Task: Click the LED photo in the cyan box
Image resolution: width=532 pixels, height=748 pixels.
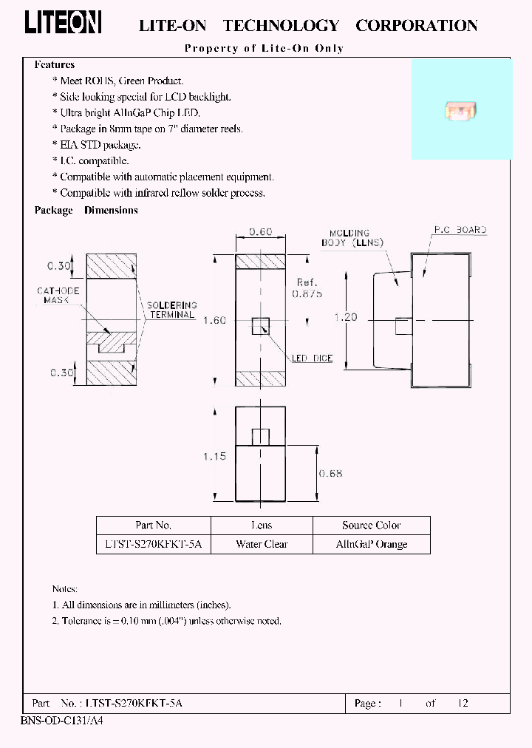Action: click(457, 111)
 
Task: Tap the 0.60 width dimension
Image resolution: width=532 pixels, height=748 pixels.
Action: click(260, 231)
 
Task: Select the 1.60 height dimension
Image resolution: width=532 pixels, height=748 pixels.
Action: click(215, 320)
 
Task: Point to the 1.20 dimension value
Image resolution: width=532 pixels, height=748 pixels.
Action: click(345, 317)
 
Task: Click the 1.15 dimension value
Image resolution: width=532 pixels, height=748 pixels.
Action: click(214, 456)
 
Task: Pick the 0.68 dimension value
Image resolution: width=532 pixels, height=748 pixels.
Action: click(330, 473)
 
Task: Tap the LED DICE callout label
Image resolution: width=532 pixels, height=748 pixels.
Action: click(312, 358)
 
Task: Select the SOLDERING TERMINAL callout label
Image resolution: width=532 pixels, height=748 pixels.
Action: click(172, 310)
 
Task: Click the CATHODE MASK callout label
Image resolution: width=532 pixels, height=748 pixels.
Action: click(58, 296)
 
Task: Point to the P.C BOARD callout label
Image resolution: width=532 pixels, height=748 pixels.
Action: click(460, 231)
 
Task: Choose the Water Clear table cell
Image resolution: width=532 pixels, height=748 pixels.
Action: click(262, 544)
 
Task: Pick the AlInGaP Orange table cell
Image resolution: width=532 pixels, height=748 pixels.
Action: click(371, 544)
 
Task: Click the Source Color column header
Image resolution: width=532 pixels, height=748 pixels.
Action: click(371, 526)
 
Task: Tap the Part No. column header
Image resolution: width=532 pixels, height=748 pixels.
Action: click(154, 526)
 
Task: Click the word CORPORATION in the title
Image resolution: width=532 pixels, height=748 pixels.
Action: click(416, 26)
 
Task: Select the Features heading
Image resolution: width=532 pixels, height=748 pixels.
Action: click(55, 65)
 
